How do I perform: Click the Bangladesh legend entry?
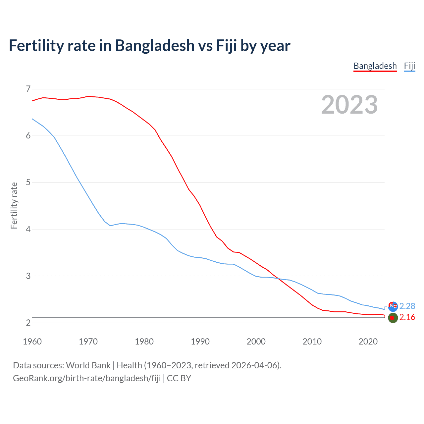pos(375,66)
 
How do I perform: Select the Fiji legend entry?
pos(409,66)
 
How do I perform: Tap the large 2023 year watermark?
pos(349,105)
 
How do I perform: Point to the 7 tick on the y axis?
pos(28,89)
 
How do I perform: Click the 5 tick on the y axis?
pos(28,182)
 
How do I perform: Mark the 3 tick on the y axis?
pos(28,276)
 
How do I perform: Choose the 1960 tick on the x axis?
pos(32,342)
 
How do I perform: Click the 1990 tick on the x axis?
pos(200,342)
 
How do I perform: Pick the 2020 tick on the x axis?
pos(368,342)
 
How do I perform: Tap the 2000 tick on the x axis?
pos(256,342)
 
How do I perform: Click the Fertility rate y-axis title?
pos(14,205)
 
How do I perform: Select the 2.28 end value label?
pos(407,306)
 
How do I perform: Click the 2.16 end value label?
pos(407,317)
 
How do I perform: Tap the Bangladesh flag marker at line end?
pos(393,318)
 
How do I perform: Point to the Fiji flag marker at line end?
pos(393,306)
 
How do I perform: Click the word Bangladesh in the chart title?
pos(155,45)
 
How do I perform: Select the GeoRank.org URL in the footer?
pos(87,378)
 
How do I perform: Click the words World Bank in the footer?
pos(88,365)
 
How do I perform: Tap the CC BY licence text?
pos(179,378)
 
